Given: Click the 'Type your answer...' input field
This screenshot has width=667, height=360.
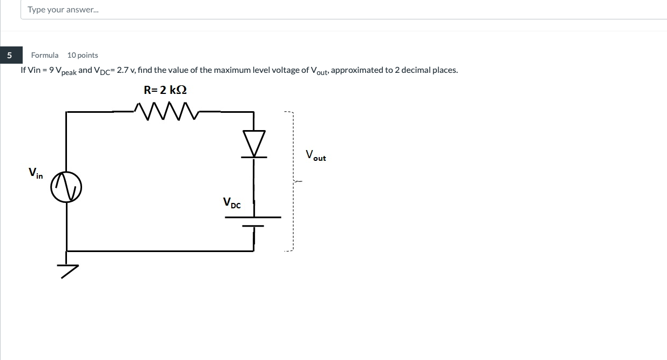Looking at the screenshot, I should tap(324, 10).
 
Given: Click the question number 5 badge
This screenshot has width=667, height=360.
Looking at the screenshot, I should tap(9, 55).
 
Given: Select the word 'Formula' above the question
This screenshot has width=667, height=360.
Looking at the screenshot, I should tap(45, 55).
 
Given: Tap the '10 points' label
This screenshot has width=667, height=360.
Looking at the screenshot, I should tap(83, 55).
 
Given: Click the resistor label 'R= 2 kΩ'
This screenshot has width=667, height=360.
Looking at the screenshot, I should tap(165, 90).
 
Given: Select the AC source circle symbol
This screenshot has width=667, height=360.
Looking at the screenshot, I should tap(66, 187).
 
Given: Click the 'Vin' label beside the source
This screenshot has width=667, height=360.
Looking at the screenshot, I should tap(36, 173).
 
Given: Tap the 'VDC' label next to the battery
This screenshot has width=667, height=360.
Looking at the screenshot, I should tap(232, 203).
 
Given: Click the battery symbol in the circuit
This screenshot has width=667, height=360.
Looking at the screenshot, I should tap(253, 221).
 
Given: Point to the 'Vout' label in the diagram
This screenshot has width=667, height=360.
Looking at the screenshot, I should tap(315, 155).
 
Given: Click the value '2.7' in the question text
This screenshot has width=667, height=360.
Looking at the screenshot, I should tap(123, 70).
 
